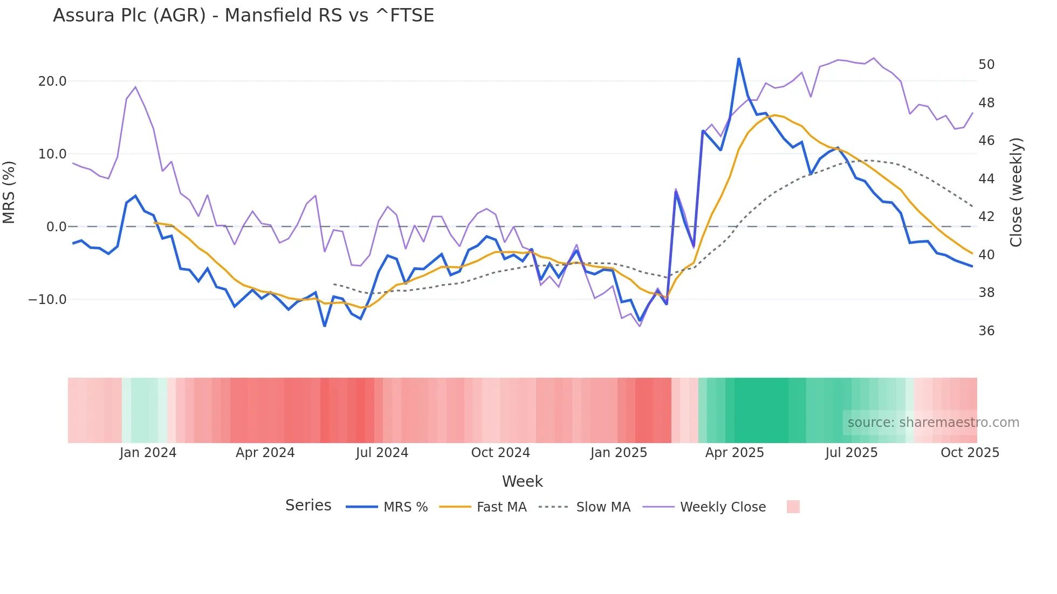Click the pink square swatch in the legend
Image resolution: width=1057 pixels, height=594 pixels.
[x=793, y=507]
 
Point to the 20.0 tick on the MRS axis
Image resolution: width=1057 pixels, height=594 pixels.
[x=52, y=81]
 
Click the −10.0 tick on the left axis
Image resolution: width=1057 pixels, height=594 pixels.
[x=47, y=300]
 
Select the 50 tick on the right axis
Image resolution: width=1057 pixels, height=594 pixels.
[x=986, y=65]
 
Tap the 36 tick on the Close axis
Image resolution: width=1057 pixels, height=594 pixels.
[x=986, y=331]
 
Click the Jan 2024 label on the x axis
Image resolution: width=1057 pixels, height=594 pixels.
[x=148, y=453]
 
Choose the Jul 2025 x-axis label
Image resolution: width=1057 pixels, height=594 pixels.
[x=851, y=453]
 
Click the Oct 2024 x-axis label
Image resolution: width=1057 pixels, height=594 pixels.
[x=500, y=453]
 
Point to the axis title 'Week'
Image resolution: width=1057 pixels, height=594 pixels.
[x=522, y=481]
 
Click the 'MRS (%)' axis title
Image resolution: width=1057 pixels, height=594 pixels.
[x=9, y=192]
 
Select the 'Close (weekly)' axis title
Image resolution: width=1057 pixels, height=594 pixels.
[x=1016, y=192]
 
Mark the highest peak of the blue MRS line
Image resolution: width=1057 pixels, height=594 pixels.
[x=738, y=59]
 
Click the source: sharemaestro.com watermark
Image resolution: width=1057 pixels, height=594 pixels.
[x=933, y=423]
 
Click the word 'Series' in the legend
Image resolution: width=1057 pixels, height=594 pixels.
[x=308, y=506]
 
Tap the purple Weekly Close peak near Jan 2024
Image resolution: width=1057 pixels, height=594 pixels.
[x=135, y=87]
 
